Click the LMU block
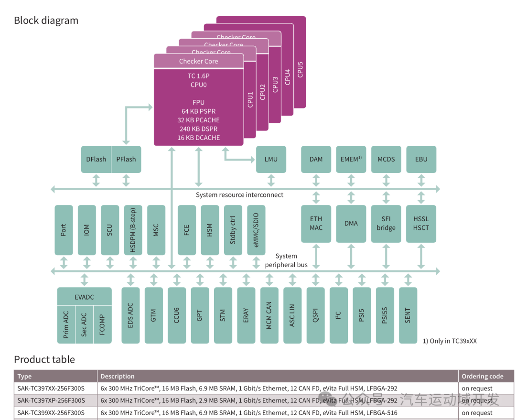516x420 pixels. pyautogui.click(x=271, y=159)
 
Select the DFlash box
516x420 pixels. pyautogui.click(x=96, y=159)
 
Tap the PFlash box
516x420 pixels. pyautogui.click(x=126, y=159)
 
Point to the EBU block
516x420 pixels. pyautogui.click(x=421, y=159)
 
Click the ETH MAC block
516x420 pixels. pyautogui.click(x=316, y=224)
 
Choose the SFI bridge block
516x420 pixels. pyautogui.click(x=386, y=224)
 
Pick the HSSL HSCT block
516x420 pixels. pyautogui.click(x=421, y=224)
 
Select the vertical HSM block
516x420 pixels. pyautogui.click(x=210, y=230)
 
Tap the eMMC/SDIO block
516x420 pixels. pyautogui.click(x=256, y=230)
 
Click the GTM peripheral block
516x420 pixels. pyautogui.click(x=153, y=315)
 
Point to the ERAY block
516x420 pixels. pyautogui.click(x=246, y=315)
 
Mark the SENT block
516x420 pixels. pyautogui.click(x=408, y=315)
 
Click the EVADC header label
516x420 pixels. pyautogui.click(x=84, y=297)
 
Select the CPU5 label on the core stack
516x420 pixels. pyautogui.click(x=300, y=69)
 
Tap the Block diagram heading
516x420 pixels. pyautogui.click(x=46, y=21)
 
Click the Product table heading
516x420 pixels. pyautogui.click(x=44, y=359)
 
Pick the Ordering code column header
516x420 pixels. pyautogui.click(x=482, y=377)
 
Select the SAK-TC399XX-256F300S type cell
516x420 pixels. pyautogui.click(x=51, y=413)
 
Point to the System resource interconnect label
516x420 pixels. pyautogui.click(x=239, y=195)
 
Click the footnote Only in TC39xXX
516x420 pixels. pyautogui.click(x=450, y=341)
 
